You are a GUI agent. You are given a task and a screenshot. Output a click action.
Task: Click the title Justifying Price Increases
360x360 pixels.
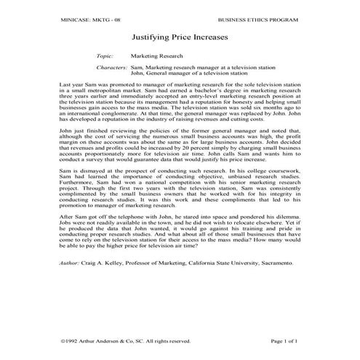click(180, 34)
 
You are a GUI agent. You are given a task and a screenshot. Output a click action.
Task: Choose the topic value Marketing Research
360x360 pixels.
click(157, 55)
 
